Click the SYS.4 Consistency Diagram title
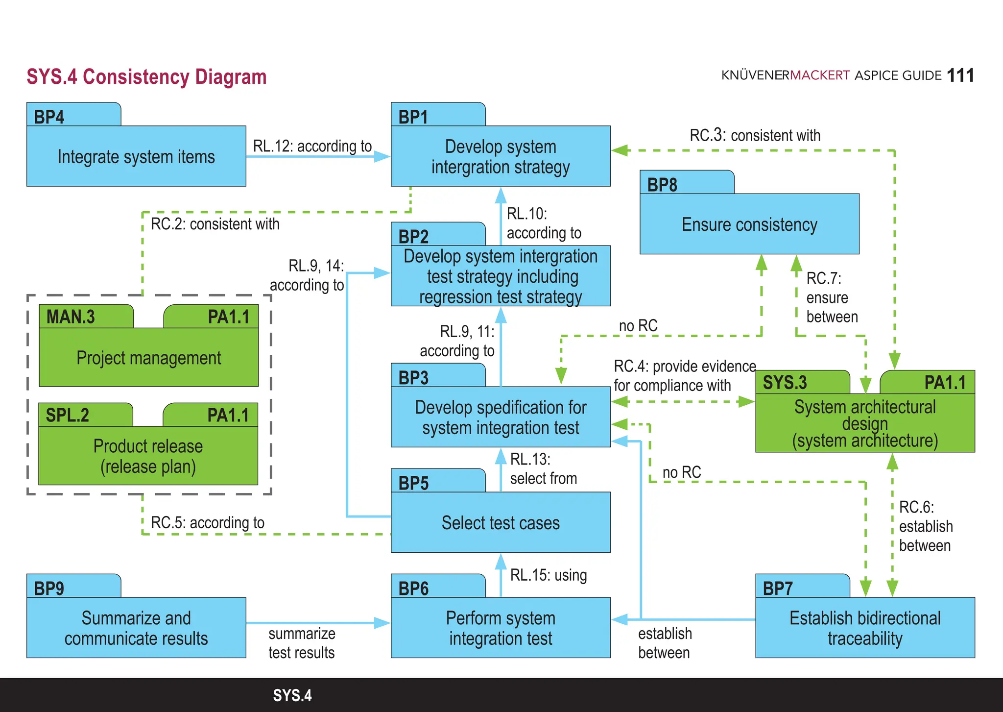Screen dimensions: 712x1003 (146, 77)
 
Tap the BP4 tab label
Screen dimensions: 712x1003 (49, 117)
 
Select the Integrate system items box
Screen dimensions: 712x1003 (136, 157)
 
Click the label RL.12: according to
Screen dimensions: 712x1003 (312, 146)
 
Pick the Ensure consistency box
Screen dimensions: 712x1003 (749, 224)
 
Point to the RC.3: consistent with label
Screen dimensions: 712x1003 (755, 135)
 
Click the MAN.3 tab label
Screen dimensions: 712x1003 (71, 317)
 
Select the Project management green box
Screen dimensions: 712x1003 (148, 358)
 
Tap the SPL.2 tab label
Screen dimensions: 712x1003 (68, 416)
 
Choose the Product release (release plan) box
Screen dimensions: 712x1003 (148, 456)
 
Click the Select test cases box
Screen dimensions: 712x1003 (501, 523)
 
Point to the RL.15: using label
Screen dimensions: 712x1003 (548, 575)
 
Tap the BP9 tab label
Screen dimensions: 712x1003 (49, 589)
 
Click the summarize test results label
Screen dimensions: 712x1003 (302, 643)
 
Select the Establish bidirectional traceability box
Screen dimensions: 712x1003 (865, 628)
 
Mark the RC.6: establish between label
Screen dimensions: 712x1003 (925, 526)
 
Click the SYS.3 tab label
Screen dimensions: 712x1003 (785, 383)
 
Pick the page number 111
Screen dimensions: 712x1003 (960, 75)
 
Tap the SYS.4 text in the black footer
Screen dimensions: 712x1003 (292, 695)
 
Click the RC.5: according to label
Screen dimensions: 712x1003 (208, 523)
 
